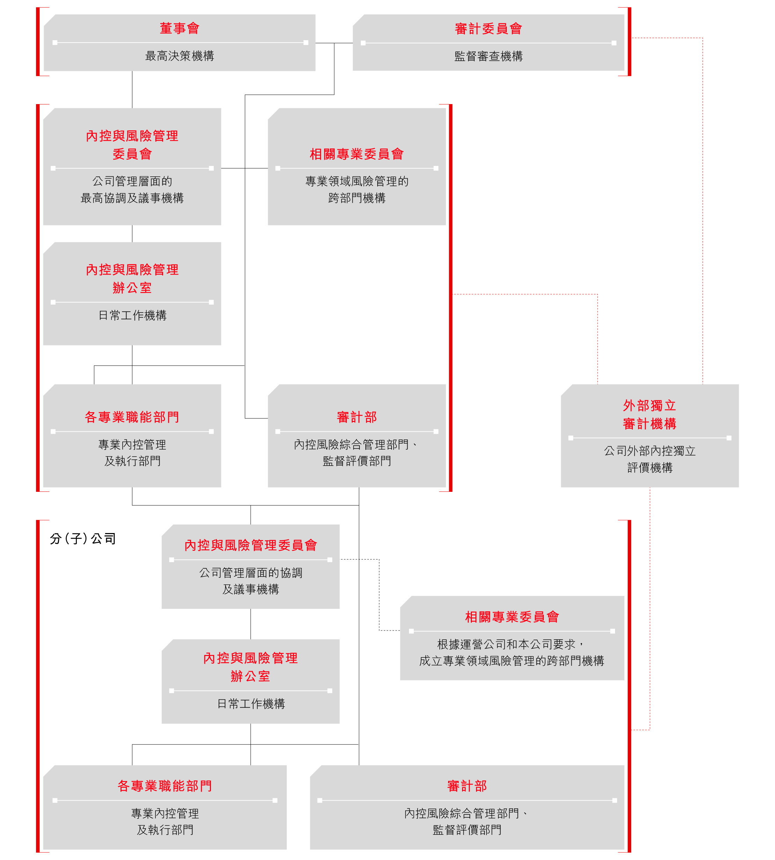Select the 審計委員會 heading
point(488,29)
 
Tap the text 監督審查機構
point(488,56)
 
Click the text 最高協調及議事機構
point(132,198)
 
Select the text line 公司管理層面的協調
point(250,573)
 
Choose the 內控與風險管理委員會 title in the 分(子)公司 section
point(250,545)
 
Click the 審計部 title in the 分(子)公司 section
point(467,786)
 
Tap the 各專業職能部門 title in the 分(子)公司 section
point(165,786)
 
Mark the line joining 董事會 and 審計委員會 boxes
point(334,43)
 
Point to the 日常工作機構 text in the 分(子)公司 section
point(251,704)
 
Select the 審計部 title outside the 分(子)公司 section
point(357,417)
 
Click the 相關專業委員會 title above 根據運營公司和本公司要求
point(512,617)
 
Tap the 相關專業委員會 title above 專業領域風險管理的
point(357,154)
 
